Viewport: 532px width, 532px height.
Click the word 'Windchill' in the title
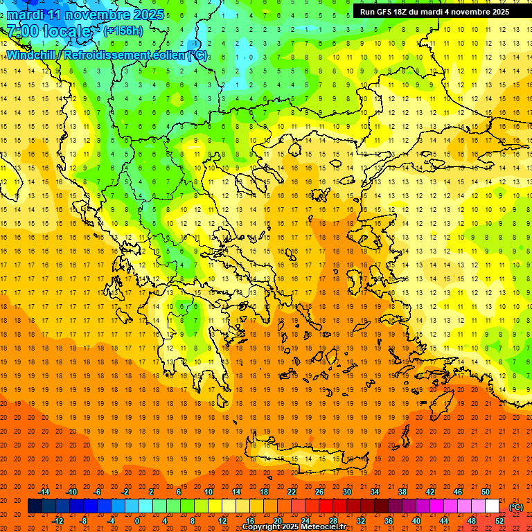pyautogui.click(x=28, y=55)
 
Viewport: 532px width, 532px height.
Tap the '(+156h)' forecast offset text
pyautogui.click(x=123, y=30)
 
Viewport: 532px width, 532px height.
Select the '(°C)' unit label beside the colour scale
pyautogui.click(x=516, y=507)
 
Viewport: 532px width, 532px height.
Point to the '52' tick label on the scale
pyautogui.click(x=499, y=521)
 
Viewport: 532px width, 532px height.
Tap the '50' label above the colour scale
pyautogui.click(x=486, y=492)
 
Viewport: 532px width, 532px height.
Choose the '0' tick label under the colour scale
pyautogui.click(x=137, y=521)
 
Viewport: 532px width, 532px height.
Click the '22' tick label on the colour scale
pyautogui.click(x=292, y=492)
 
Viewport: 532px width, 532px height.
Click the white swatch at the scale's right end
pyautogui.click(x=492, y=506)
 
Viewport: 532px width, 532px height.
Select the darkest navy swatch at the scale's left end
pyautogui.click(x=35, y=506)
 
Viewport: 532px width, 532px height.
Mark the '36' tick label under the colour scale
pyautogui.click(x=388, y=521)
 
